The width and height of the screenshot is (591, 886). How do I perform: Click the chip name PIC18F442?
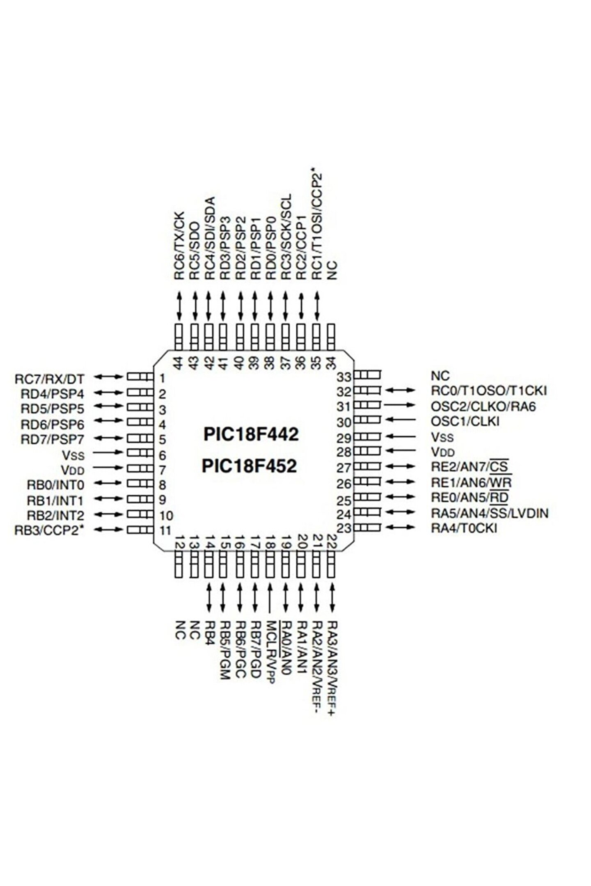(251, 434)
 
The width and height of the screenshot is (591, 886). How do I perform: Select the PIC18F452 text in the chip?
(249, 466)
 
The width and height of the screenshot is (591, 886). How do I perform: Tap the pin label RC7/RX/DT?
(50, 379)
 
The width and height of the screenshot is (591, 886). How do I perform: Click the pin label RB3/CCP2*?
(49, 530)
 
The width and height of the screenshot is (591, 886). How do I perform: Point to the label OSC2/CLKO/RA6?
(483, 406)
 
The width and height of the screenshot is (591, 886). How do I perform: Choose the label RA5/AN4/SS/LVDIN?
(489, 513)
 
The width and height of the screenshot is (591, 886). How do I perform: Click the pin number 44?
(178, 363)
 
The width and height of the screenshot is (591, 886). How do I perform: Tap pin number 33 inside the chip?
(344, 377)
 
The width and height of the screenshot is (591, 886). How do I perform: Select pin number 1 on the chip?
(163, 378)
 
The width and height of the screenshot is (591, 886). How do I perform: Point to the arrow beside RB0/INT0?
(108, 484)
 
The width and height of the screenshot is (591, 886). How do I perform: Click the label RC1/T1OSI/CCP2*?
(316, 224)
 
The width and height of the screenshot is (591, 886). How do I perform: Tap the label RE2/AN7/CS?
(471, 466)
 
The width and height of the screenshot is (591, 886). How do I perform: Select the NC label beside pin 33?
(440, 375)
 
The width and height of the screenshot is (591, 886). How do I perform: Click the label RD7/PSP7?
(53, 439)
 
